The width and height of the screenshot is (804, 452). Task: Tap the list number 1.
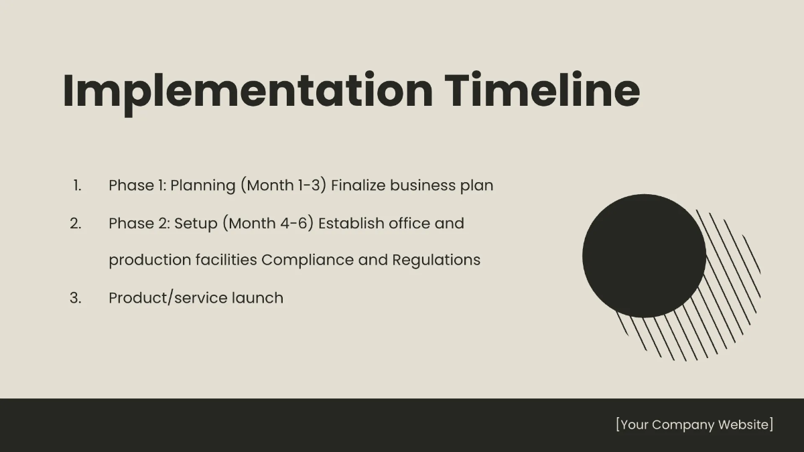coord(77,185)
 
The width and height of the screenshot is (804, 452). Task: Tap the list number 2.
coord(76,223)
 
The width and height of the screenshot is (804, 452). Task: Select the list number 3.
coord(76,298)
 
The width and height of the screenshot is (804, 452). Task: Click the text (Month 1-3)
coord(283,185)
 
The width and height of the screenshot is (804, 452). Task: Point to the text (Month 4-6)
coord(271,223)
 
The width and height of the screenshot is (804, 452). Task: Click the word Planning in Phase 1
coord(203,185)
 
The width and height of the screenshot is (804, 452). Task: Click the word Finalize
coord(358,185)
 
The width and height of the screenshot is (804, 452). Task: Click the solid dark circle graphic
coord(643,255)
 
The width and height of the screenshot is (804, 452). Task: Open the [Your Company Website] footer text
coord(694,425)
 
